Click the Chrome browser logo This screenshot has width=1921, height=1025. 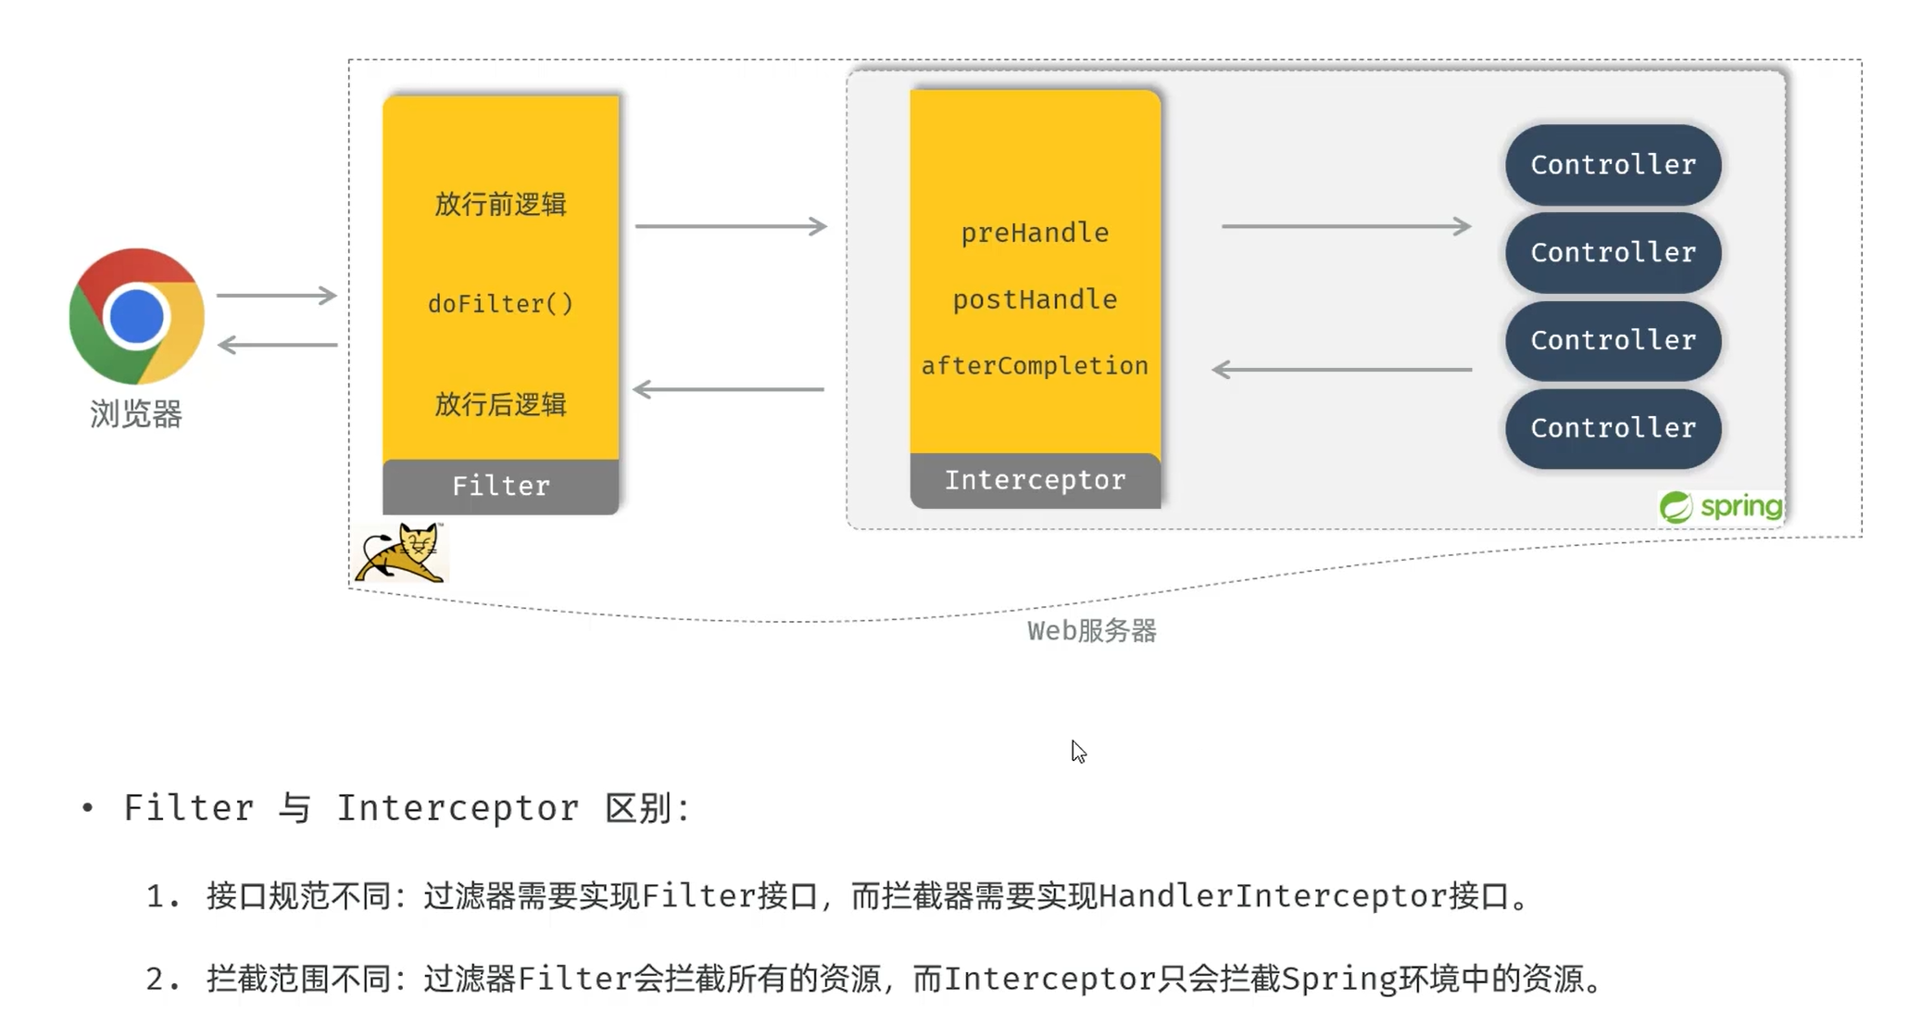tap(136, 316)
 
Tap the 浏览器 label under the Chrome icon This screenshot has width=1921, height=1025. tap(136, 414)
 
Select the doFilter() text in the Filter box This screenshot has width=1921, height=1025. tap(500, 304)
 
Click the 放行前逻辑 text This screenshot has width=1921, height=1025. tap(500, 204)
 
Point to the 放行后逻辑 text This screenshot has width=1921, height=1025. tap(500, 404)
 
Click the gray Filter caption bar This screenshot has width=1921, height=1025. tap(500, 486)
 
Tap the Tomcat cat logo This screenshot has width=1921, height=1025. tap(401, 553)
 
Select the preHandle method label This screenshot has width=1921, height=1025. tap(1035, 233)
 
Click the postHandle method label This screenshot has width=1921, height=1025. tap(1035, 299)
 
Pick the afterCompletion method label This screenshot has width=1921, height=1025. tap(1035, 366)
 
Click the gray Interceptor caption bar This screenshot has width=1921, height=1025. tap(1035, 480)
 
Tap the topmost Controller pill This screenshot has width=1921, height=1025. tap(1613, 165)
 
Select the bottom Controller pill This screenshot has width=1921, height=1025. tap(1613, 428)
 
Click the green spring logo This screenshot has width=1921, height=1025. tap(1720, 507)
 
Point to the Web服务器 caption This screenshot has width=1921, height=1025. tap(1091, 631)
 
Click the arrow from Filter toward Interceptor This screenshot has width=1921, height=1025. tap(730, 226)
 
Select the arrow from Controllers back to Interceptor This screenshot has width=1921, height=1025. tap(1341, 370)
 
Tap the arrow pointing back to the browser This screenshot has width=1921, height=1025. tap(277, 345)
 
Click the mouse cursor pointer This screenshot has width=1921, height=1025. tap(1078, 751)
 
